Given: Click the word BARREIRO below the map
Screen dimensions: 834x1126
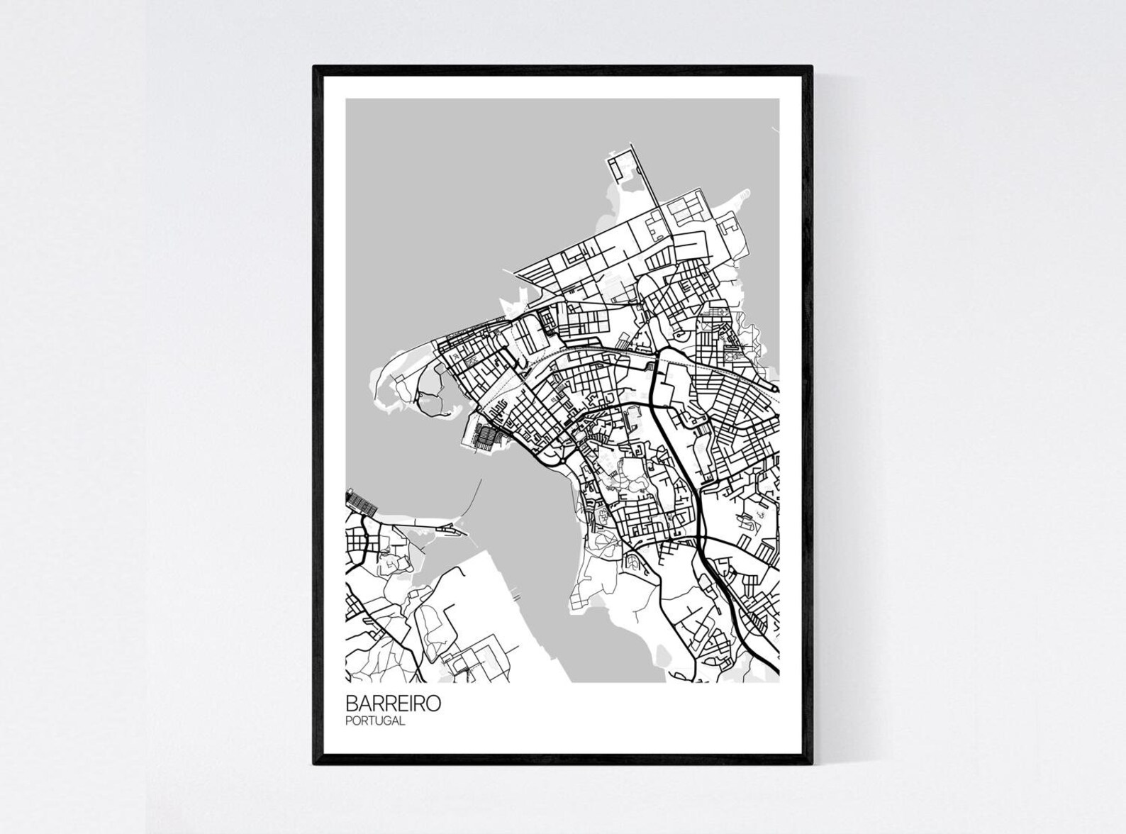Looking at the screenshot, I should click(393, 703).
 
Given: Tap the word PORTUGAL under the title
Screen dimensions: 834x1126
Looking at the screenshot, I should click(375, 721).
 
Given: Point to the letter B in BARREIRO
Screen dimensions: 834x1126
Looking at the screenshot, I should click(351, 703).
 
